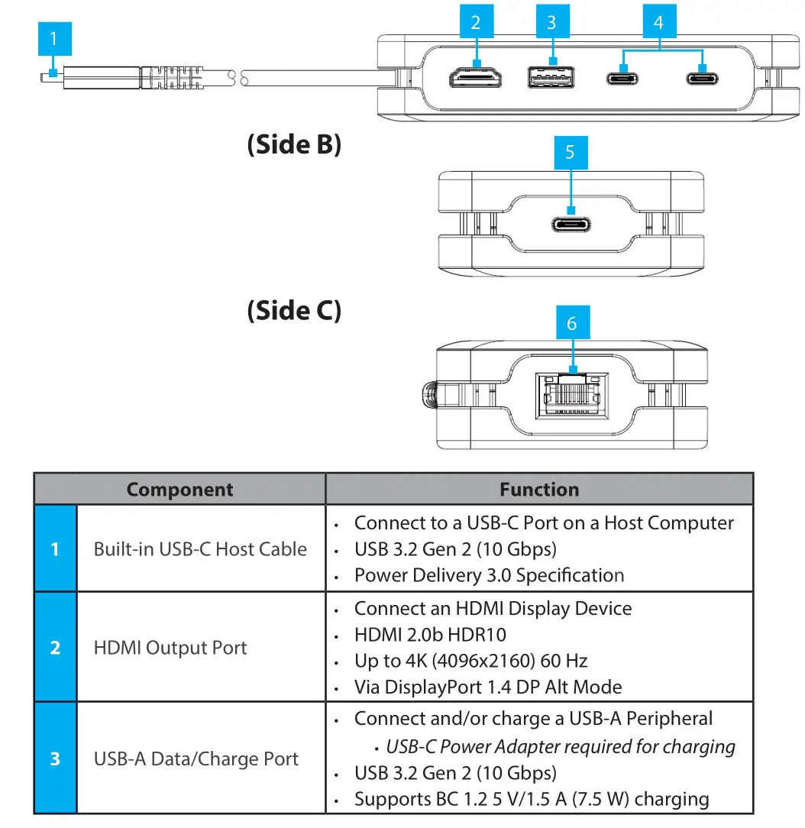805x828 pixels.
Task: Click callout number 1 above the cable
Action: coord(53,38)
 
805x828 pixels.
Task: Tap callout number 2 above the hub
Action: coord(477,23)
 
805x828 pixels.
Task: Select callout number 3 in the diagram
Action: coord(551,23)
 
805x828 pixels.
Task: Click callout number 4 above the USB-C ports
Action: coord(658,23)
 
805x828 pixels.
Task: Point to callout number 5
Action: coord(570,153)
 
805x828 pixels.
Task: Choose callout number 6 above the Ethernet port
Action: coord(571,324)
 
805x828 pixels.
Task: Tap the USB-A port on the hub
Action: coord(551,78)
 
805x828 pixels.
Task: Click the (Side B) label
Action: coord(294,144)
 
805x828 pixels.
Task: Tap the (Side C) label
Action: coord(294,310)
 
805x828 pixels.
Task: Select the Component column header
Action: coord(179,490)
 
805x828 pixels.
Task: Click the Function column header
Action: coord(539,490)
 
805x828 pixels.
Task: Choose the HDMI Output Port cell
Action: coord(170,648)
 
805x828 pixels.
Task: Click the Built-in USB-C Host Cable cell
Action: coord(200,549)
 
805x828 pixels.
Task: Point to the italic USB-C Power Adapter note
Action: coord(561,747)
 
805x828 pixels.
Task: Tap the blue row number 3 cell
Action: coord(55,759)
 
